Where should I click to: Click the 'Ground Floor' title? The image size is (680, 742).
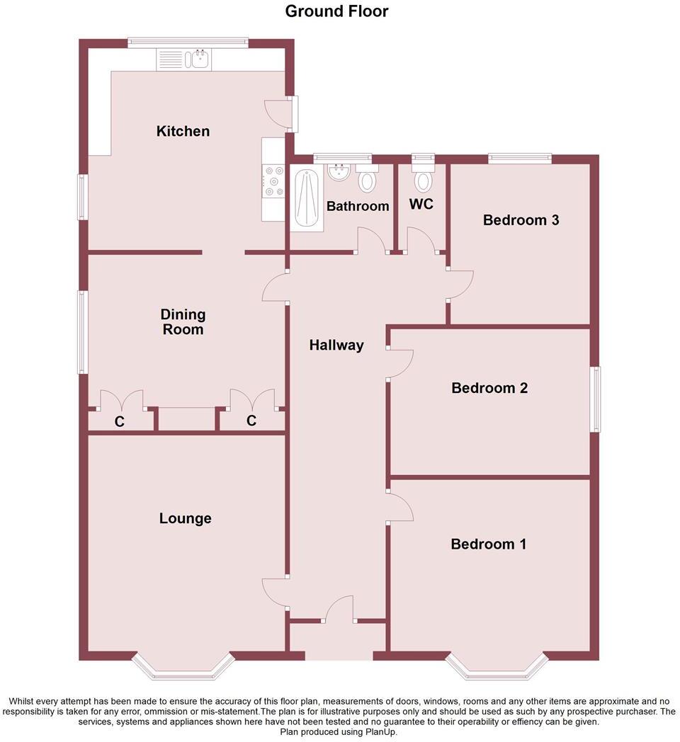(336, 11)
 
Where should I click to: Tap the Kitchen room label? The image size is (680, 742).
(183, 131)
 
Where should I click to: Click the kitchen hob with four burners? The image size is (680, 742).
(273, 181)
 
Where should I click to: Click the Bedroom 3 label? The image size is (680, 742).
(521, 220)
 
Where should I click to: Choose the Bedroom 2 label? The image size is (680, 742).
(489, 388)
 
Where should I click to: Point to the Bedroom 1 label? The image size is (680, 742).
(489, 544)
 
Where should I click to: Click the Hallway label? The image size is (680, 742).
(336, 345)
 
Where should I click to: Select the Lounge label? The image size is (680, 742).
(185, 518)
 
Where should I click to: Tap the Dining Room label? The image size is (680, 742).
(183, 322)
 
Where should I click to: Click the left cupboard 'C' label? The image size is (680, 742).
(120, 421)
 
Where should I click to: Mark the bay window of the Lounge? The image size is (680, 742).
(183, 667)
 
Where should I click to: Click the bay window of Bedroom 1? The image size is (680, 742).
(497, 667)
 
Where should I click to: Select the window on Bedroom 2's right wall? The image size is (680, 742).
(596, 399)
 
